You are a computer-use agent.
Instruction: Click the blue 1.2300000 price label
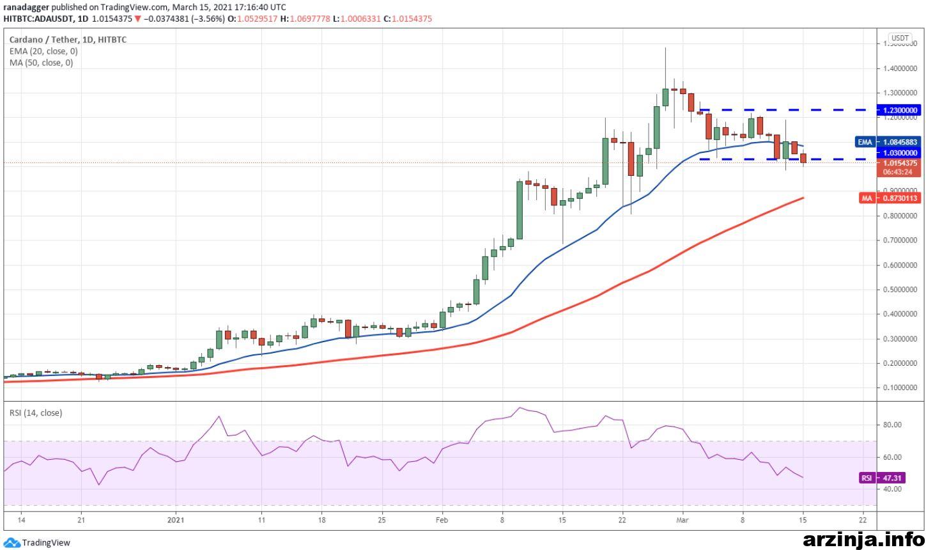(899, 110)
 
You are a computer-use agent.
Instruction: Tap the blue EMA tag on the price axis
(865, 142)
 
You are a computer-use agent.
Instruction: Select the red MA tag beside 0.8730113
(867, 198)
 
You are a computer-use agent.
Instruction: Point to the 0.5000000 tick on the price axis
(900, 289)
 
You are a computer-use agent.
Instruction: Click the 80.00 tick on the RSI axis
(893, 425)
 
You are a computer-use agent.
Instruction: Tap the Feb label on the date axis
(442, 520)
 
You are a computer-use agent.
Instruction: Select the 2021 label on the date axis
(176, 520)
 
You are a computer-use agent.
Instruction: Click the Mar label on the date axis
(682, 520)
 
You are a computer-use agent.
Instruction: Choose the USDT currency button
(900, 38)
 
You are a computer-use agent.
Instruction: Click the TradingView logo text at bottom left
(46, 542)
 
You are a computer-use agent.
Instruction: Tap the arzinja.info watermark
(863, 540)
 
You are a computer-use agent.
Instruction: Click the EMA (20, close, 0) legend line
(43, 51)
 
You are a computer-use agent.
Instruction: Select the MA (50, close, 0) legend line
(41, 63)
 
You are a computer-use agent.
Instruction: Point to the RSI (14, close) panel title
(36, 413)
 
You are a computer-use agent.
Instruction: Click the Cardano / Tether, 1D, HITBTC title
(68, 40)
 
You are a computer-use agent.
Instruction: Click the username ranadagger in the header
(26, 8)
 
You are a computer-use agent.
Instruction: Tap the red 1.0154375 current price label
(899, 163)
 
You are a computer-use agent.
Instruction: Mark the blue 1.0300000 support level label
(899, 153)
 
